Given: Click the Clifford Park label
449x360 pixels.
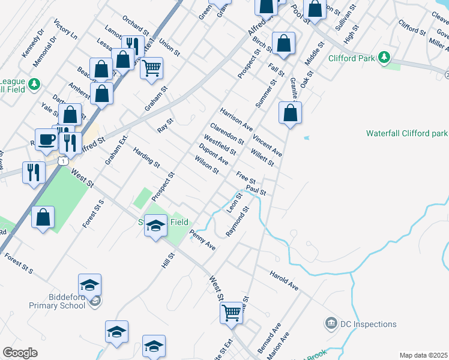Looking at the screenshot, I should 352,58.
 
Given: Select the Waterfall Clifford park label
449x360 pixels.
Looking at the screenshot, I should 407,133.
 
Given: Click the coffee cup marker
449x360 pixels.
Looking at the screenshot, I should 47,140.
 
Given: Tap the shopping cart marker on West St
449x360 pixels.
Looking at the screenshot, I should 232,312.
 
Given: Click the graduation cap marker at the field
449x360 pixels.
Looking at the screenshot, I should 155,226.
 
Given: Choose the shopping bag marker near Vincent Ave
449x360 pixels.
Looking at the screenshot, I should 290,113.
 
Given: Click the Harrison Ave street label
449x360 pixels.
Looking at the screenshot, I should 236,119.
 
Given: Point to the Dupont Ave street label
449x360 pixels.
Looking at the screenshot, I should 213,155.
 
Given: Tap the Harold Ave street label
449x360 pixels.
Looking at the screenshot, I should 283,280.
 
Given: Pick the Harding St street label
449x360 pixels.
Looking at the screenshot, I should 146,157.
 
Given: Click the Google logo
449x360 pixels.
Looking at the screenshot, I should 20,353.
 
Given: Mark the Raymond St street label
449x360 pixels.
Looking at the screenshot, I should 237,223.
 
